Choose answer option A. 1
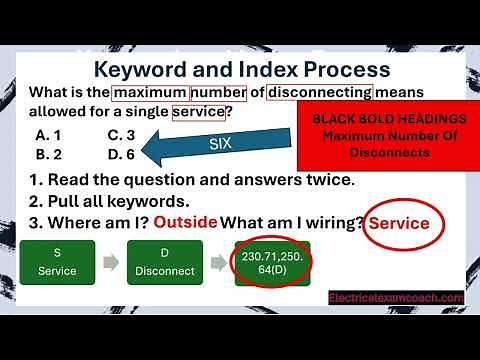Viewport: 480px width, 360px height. (x=47, y=135)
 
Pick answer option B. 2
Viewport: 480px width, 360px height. (x=47, y=154)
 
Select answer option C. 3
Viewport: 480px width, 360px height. (x=120, y=135)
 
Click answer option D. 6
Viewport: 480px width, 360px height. (x=120, y=154)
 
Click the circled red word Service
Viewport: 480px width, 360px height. (x=399, y=223)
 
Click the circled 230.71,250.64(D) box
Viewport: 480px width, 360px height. (x=270, y=262)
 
